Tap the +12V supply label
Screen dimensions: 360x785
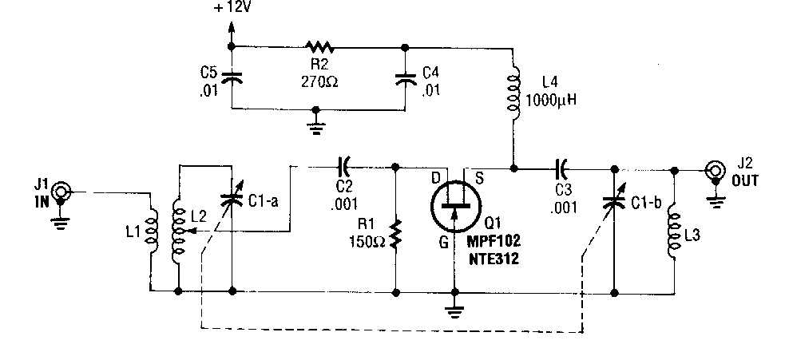(x=233, y=10)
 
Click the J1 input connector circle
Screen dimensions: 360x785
(x=61, y=192)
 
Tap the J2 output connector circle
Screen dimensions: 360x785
(x=713, y=169)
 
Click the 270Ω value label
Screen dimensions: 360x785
(x=319, y=80)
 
